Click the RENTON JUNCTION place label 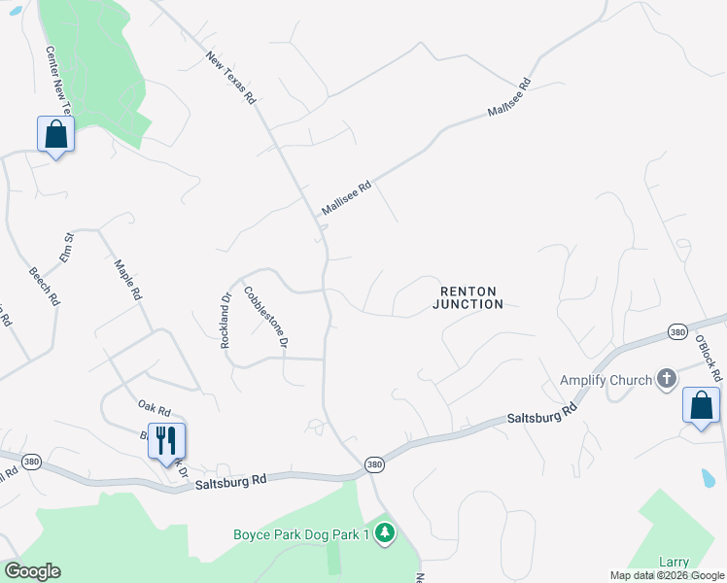coord(468,297)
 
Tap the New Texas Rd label coord(230,79)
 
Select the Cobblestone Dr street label coord(266,317)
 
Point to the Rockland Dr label coord(225,322)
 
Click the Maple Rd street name coord(128,279)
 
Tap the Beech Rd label coord(44,287)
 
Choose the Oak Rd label coord(154,410)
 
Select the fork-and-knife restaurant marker coord(166,441)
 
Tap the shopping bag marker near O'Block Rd coord(701,406)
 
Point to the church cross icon coord(666,379)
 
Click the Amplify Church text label coord(606,380)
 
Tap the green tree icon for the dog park coord(385,532)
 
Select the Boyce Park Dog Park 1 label coord(301,533)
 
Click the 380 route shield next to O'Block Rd coord(677,332)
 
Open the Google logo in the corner coord(32,571)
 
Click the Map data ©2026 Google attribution coord(668,575)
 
